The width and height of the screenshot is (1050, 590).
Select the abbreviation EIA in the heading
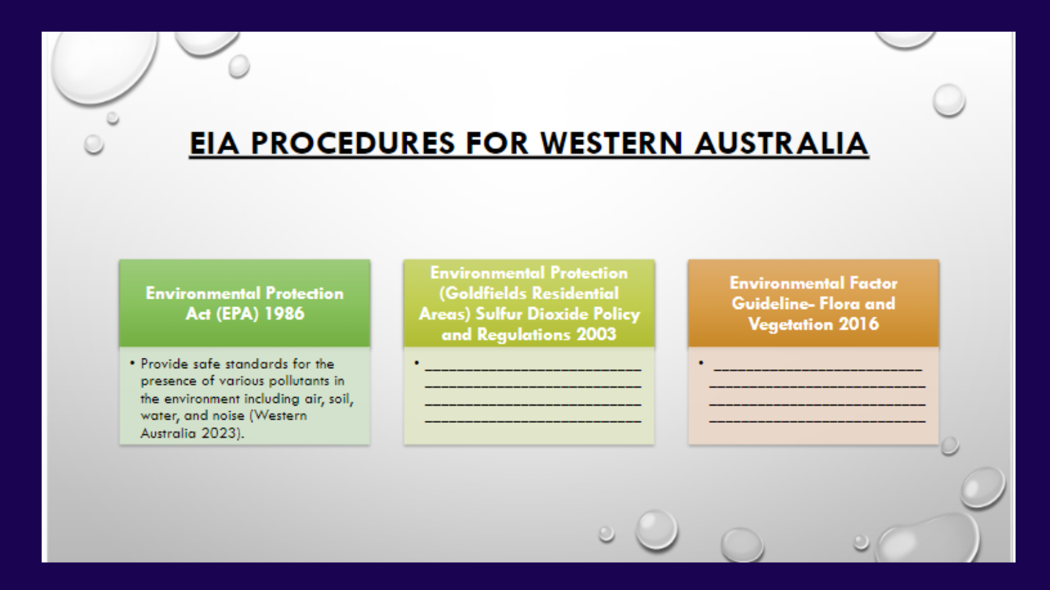pos(214,143)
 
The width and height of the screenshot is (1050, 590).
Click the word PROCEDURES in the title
pos(353,143)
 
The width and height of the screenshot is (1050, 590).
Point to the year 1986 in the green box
pos(283,314)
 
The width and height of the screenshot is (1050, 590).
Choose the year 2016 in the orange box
pos(859,324)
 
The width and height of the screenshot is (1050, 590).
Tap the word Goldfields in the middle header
pos(483,293)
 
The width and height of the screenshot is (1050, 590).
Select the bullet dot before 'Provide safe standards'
pos(132,363)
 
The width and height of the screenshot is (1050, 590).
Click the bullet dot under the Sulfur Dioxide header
pos(417,363)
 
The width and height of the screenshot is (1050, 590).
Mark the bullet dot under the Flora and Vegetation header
pos(701,363)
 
